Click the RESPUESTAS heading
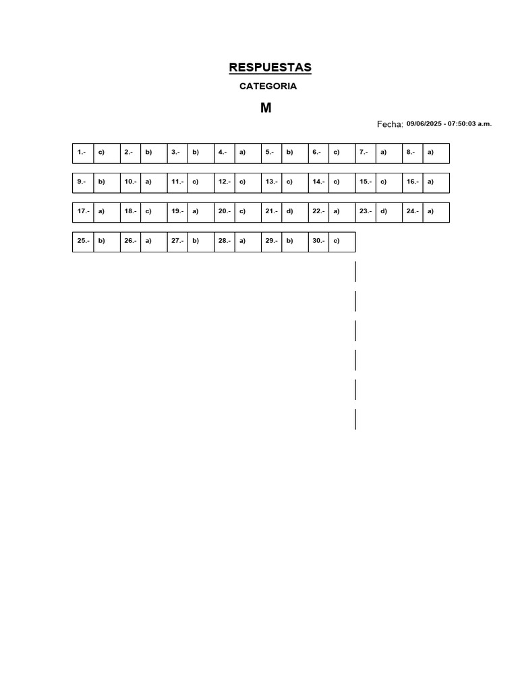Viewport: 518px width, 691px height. click(x=270, y=67)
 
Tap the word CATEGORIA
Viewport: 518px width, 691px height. click(x=268, y=86)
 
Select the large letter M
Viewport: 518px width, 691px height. click(x=266, y=108)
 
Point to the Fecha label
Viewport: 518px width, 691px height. click(x=390, y=124)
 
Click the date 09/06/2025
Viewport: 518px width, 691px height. click(x=424, y=124)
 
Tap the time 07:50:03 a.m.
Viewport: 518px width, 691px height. click(x=469, y=124)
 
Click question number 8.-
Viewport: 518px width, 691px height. click(x=411, y=152)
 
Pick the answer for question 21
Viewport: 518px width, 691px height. click(x=289, y=211)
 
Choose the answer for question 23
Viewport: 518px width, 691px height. click(x=384, y=211)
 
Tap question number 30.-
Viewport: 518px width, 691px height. click(x=318, y=241)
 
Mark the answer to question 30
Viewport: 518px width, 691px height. click(x=337, y=241)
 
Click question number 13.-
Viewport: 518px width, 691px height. click(x=271, y=182)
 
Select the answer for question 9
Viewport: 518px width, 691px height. click(x=101, y=182)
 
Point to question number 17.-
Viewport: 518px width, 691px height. click(x=83, y=211)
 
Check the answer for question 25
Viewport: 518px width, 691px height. click(x=101, y=241)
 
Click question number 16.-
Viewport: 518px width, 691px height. click(x=413, y=182)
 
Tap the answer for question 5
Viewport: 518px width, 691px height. click(x=289, y=152)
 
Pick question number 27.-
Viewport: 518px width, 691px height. click(x=177, y=241)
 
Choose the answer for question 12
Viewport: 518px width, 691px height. click(x=242, y=182)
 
